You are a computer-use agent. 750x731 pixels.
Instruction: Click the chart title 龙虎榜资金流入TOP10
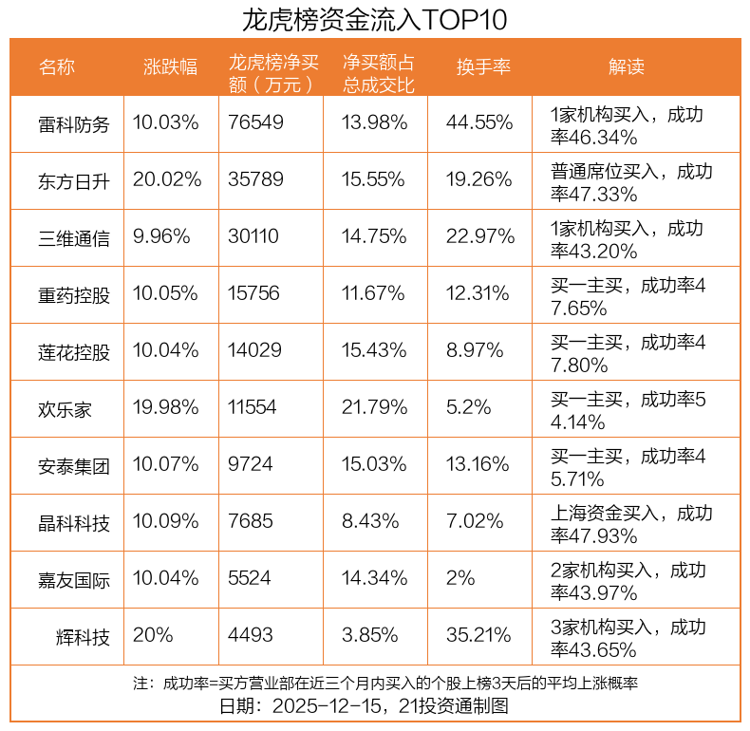pos(374,19)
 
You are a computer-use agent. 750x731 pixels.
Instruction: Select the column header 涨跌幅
pos(171,66)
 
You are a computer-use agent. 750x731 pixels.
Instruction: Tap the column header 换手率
pos(483,66)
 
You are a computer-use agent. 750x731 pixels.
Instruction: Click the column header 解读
pos(626,66)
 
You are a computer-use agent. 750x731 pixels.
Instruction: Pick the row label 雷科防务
pos(74,124)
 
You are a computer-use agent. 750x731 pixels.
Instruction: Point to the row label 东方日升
pos(74,181)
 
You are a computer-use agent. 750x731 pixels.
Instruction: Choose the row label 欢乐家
pos(66,409)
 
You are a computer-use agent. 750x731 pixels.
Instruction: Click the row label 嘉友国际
pos(74,579)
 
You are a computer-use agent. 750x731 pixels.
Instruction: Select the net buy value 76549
pos(255,123)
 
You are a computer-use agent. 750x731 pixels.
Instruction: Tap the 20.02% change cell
pos(167,180)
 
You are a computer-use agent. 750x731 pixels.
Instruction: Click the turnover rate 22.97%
pos(479,237)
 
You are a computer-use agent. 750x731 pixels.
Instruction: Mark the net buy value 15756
pos(253,294)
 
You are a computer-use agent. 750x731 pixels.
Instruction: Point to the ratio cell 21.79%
pos(375,408)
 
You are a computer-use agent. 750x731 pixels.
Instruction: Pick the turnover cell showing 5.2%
pos(468,408)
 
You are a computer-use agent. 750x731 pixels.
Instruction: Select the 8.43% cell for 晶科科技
pos(370,522)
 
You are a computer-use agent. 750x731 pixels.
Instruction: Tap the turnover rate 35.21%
pos(479,635)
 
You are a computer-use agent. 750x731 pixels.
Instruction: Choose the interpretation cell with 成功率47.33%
pos(630,182)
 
